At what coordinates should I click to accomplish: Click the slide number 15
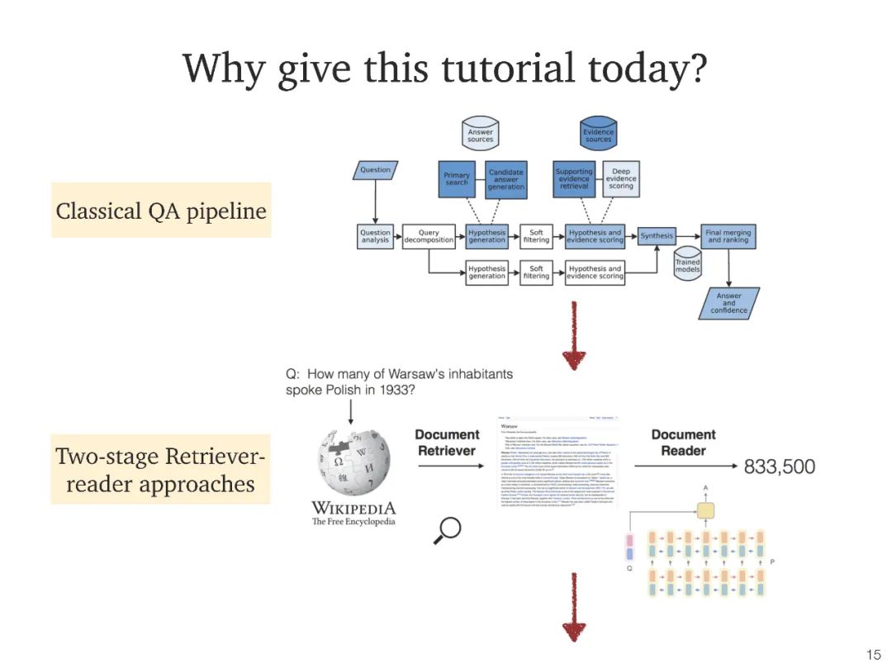(x=873, y=655)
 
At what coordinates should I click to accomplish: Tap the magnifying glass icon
(x=447, y=530)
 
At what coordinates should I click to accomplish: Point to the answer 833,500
(x=779, y=467)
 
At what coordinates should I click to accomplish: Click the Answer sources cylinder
(x=480, y=135)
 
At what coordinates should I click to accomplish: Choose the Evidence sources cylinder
(x=598, y=135)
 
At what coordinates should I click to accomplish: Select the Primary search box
(x=456, y=179)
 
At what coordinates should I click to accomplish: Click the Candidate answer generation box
(x=505, y=179)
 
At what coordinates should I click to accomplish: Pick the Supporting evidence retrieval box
(x=574, y=179)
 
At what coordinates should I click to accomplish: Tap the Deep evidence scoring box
(x=621, y=179)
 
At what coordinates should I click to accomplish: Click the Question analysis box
(x=375, y=236)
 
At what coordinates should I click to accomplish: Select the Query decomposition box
(x=429, y=236)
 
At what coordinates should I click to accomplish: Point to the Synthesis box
(x=657, y=235)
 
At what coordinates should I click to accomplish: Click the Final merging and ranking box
(x=728, y=236)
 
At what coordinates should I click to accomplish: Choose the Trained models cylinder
(x=687, y=264)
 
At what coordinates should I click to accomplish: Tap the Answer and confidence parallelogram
(x=728, y=303)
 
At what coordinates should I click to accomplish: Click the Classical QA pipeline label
(x=161, y=211)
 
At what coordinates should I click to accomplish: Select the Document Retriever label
(x=447, y=443)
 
